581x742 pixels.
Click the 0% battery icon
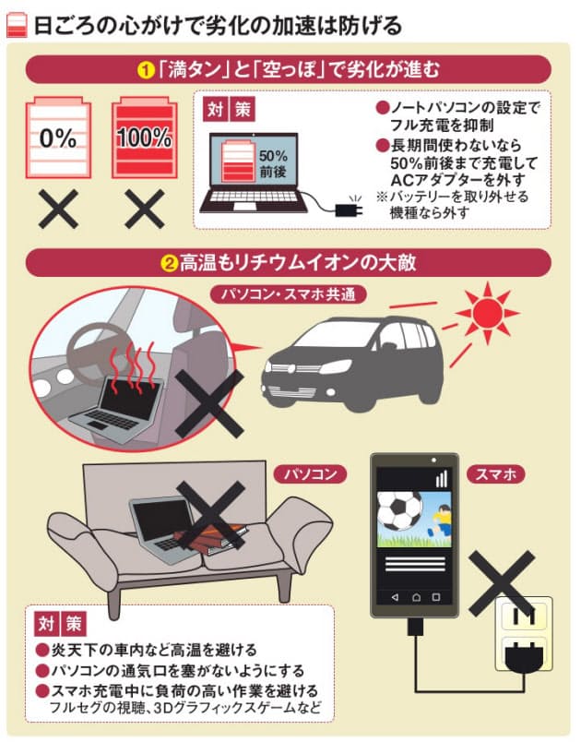(58, 138)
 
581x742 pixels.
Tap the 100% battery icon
(144, 138)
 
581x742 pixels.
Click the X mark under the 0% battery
(58, 209)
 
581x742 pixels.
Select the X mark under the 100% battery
(144, 209)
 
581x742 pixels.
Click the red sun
(488, 312)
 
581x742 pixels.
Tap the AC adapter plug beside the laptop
(349, 209)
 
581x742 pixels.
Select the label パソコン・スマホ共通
(289, 294)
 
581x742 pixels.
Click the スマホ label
(495, 474)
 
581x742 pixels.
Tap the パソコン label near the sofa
(311, 474)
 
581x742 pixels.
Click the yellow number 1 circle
(146, 70)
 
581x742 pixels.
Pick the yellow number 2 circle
(168, 264)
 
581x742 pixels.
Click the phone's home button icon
(416, 598)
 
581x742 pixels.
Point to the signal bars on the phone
(442, 478)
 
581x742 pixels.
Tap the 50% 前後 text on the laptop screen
(273, 163)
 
